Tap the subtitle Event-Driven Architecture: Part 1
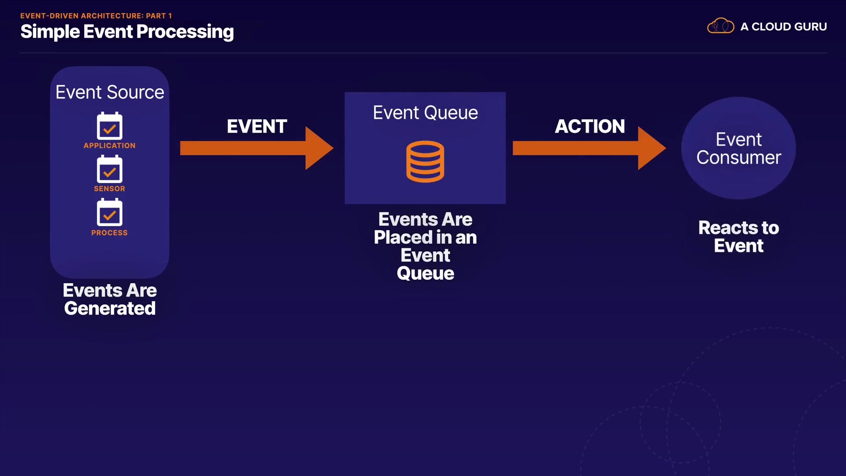(x=96, y=15)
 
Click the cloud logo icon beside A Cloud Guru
(x=720, y=26)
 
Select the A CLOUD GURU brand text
(x=783, y=26)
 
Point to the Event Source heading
(x=110, y=92)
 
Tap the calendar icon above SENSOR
(x=110, y=169)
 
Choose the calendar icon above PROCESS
(x=110, y=212)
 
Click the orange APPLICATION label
(x=110, y=145)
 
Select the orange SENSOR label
(x=109, y=189)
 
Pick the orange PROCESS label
(x=109, y=233)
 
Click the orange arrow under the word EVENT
(x=257, y=148)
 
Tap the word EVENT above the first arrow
(x=257, y=126)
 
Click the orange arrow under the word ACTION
(x=590, y=148)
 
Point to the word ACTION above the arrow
(x=590, y=126)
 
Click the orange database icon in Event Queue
(x=425, y=161)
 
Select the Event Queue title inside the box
(x=425, y=113)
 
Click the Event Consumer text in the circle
(x=738, y=149)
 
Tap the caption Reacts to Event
(x=738, y=237)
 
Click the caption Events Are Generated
(x=110, y=299)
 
